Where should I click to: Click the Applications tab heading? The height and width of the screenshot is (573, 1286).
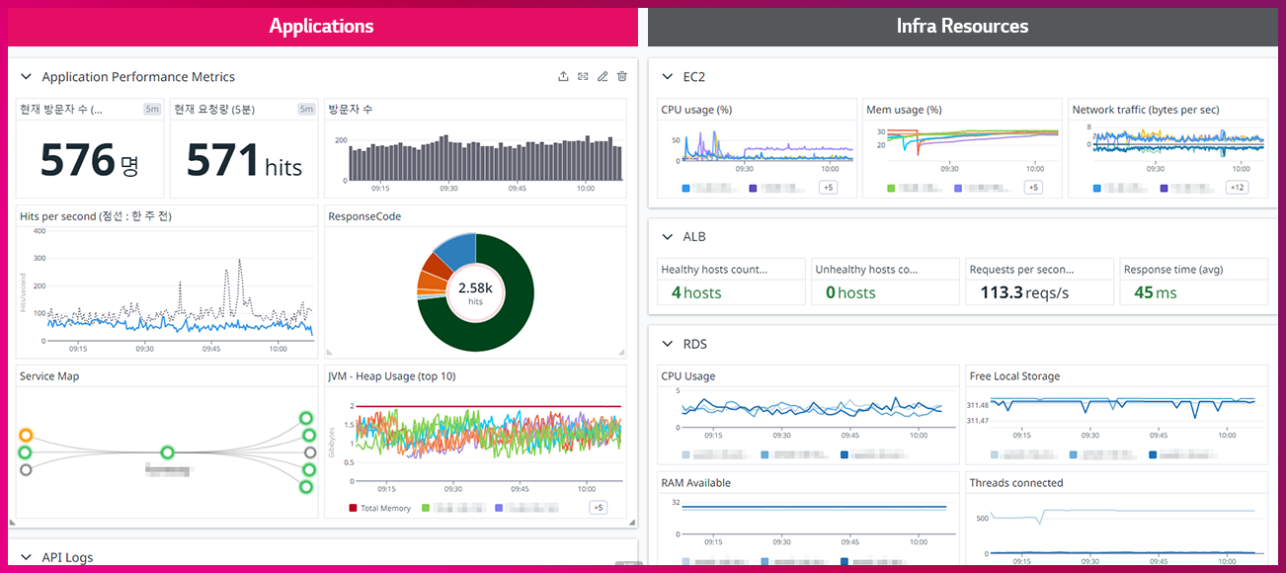point(322,27)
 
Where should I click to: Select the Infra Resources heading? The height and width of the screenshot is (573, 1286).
point(962,27)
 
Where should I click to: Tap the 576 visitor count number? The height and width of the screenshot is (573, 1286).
point(78,160)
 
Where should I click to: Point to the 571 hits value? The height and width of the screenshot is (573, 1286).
point(223,160)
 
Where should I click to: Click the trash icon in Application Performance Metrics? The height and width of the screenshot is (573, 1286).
point(622,76)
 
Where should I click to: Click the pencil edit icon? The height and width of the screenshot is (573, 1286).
point(603,76)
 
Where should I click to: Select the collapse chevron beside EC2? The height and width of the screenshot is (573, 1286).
point(667,76)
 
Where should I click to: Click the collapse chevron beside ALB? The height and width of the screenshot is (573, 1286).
point(667,237)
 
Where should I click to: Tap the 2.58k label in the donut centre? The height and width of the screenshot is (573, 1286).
point(475,287)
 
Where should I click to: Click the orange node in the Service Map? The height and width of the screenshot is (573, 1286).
point(27,435)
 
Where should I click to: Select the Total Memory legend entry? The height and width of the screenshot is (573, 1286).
point(380,508)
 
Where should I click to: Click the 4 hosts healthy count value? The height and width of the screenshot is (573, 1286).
point(696,292)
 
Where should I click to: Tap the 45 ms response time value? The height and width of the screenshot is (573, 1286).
point(1155,292)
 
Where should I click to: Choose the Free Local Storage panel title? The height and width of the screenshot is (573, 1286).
point(1014,376)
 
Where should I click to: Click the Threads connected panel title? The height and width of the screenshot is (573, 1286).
point(1016,483)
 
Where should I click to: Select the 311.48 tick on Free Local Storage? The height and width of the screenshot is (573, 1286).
point(977,405)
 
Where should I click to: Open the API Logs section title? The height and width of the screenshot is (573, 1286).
point(67,557)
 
